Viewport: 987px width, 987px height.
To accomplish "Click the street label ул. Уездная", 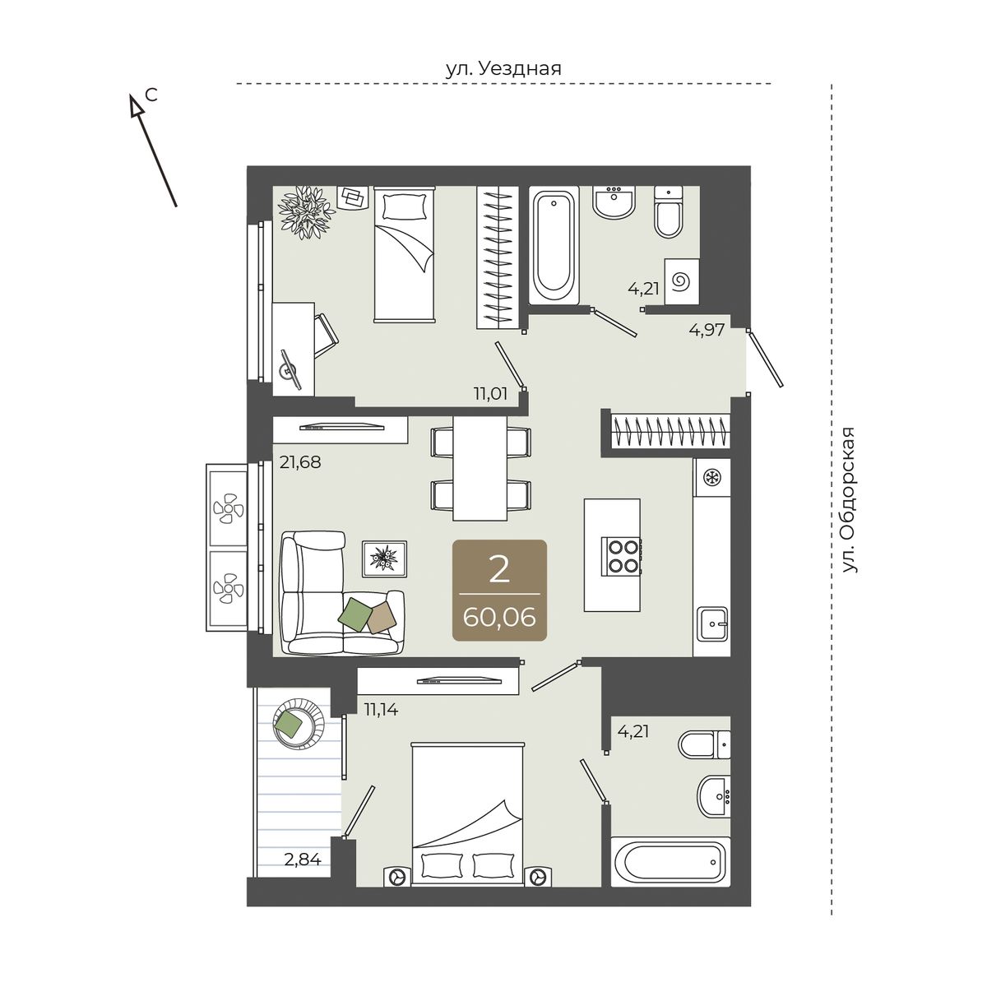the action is (503, 68).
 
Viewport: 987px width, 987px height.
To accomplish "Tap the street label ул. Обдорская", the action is (848, 499).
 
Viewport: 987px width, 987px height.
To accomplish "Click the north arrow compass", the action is (153, 150).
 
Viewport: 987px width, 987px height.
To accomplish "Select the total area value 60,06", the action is (499, 617).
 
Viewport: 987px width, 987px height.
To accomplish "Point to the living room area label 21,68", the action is (300, 462).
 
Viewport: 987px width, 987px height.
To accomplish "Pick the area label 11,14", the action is (381, 709).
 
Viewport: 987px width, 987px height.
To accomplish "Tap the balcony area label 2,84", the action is (303, 859).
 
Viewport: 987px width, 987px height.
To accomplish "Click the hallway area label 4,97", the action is (707, 330).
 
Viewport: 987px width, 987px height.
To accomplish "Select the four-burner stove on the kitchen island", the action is (623, 556).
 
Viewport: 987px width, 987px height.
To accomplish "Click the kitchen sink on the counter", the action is (712, 623).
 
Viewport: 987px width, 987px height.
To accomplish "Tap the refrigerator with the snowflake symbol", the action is (711, 477).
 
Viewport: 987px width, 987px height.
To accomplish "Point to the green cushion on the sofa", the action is (355, 614).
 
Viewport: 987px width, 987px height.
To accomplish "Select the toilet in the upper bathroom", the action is (669, 211).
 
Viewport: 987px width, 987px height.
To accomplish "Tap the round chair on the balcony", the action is (298, 724).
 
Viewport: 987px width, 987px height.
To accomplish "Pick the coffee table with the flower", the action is (385, 558).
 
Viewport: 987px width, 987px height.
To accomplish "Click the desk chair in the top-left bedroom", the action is (325, 335).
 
